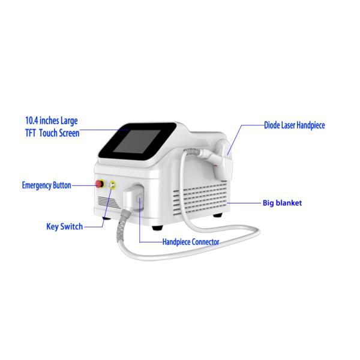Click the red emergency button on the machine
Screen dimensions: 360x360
pos(100,184)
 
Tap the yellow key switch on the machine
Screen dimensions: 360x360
pos(112,185)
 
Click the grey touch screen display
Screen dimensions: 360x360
pos(137,142)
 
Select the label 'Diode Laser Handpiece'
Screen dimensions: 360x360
pos(295,125)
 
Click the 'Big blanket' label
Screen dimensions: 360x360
pos(282,203)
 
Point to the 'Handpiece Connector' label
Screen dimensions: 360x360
pos(191,242)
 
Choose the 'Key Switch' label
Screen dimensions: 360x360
pos(65,227)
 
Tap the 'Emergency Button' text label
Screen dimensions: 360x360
pos(47,185)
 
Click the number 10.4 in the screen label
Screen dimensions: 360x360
pos(32,121)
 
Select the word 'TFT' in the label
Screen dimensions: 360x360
pos(31,133)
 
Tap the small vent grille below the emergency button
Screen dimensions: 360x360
pos(108,202)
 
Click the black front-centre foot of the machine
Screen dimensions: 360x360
pos(157,228)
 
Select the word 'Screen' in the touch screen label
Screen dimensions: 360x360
pos(70,133)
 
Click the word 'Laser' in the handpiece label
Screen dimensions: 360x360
pos(288,125)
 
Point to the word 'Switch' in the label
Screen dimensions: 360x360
pos(71,226)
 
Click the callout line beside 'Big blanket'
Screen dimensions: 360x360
pos(244,203)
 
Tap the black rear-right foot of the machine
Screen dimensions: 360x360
pos(217,215)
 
